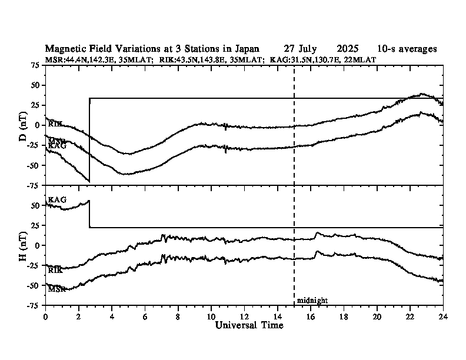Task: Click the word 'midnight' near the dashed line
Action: [x=312, y=301]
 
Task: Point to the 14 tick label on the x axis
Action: [x=277, y=316]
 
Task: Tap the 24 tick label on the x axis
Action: [x=443, y=316]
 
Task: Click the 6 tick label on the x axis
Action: [x=145, y=316]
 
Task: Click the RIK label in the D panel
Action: [x=55, y=124]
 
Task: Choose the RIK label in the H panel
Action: [x=55, y=270]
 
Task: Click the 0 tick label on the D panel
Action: [x=38, y=125]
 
